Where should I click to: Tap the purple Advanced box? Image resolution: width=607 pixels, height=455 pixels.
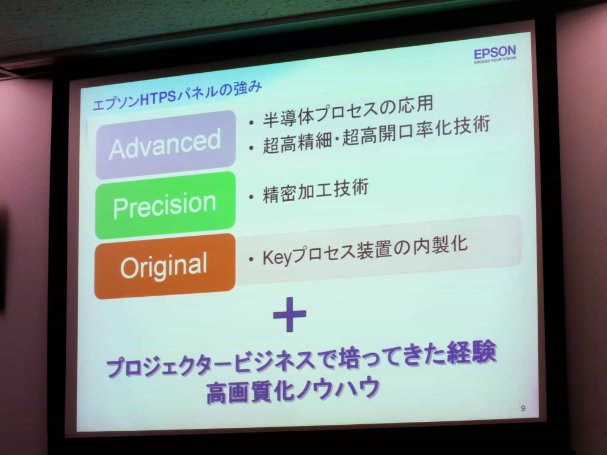coord(166,145)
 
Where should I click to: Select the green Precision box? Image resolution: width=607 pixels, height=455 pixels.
coord(165,205)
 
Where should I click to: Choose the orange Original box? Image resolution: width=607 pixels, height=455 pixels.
coord(165,266)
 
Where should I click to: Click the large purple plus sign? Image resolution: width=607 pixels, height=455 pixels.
coord(289,314)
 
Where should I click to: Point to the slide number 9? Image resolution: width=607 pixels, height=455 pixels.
coord(523,408)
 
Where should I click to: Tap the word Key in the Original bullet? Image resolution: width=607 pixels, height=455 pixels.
coord(277,257)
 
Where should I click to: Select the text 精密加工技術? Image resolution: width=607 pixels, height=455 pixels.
coord(315,191)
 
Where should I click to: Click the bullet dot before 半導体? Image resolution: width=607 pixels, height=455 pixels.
coord(251,123)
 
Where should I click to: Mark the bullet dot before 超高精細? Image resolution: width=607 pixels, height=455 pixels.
coord(251,148)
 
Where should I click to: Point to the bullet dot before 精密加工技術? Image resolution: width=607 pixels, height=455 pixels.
coord(251,197)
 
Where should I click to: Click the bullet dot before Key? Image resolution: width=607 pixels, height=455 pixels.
coord(251,259)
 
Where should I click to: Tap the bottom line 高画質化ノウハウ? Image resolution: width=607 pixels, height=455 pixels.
coord(293,390)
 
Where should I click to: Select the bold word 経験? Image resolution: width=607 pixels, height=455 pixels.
coord(471,353)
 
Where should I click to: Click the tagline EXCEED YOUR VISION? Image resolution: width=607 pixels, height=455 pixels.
coord(495,60)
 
